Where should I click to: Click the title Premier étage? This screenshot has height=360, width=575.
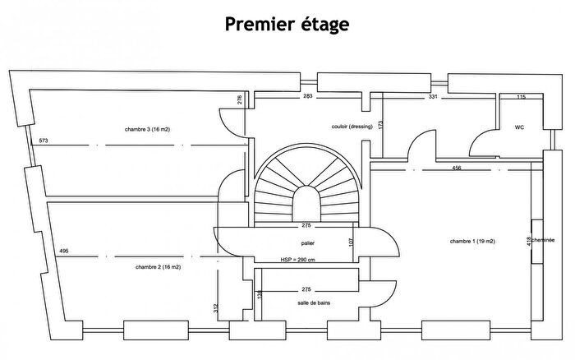coord(287,24)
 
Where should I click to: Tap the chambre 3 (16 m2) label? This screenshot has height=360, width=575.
coord(153,129)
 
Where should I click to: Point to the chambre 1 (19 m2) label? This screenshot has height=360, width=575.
coord(472,241)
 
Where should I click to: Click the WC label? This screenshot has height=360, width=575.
coord(519,127)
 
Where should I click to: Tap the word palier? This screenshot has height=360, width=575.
coord(309,243)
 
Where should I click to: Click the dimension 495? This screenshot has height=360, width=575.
coord(62,251)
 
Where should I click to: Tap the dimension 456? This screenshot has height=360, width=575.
coord(456,168)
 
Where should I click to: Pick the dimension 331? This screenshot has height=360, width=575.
coord(435,97)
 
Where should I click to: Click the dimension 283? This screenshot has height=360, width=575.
coord(308,97)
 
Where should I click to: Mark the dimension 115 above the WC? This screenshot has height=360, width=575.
coord(520,97)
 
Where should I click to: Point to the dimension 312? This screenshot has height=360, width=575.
coord(216,308)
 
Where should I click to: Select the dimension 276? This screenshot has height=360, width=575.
coord(239,100)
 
